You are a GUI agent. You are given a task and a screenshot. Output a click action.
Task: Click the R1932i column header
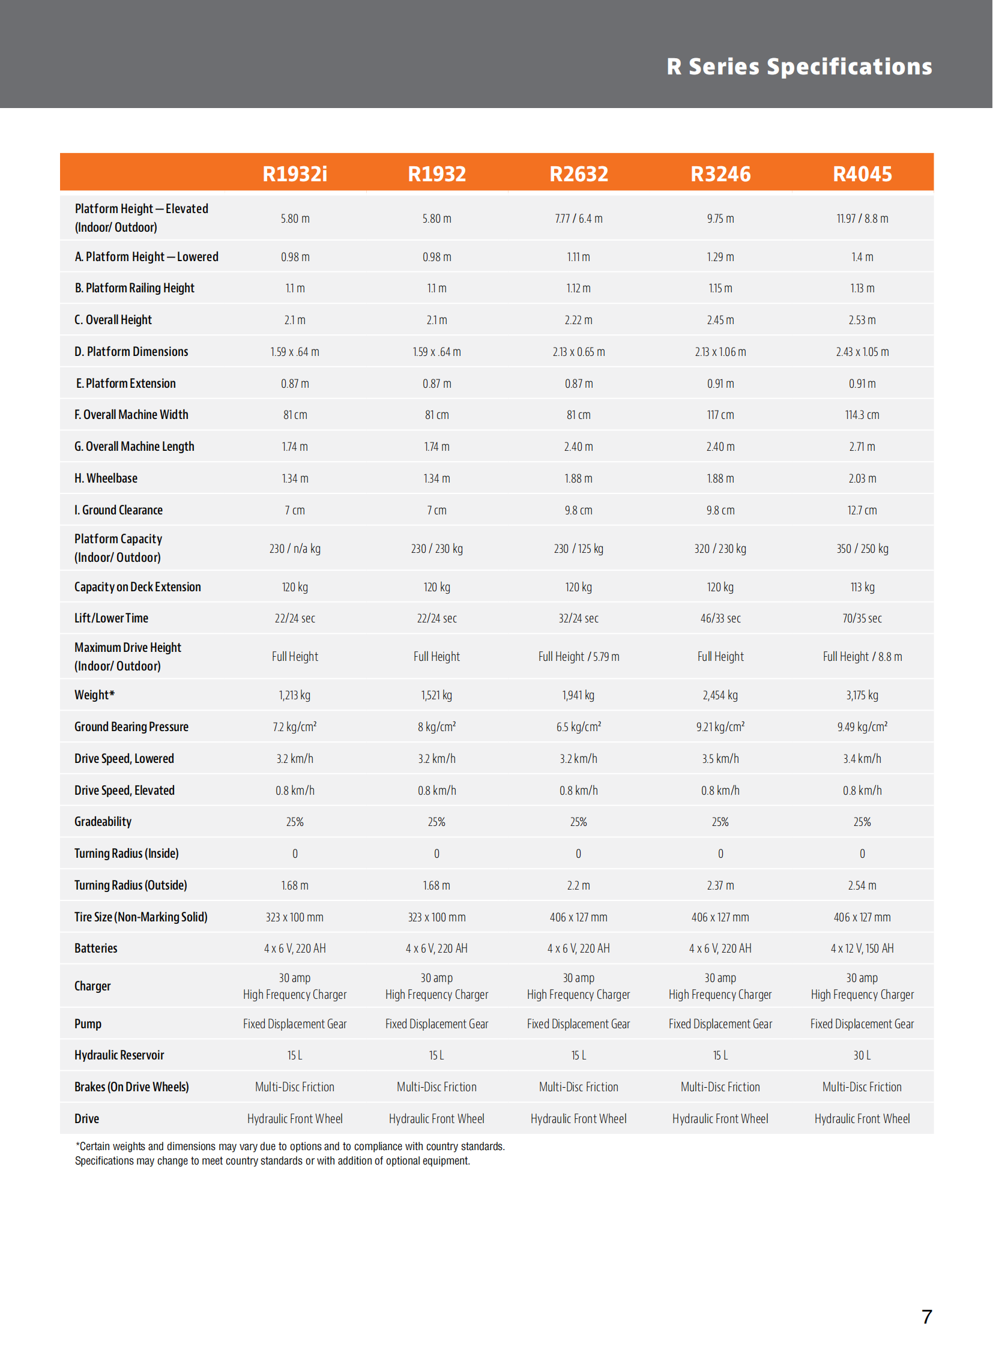tap(295, 173)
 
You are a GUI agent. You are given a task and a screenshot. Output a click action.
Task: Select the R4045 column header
tap(862, 173)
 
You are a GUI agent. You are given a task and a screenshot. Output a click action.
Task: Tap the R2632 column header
tap(578, 173)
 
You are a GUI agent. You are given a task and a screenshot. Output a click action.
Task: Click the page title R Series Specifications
tap(799, 67)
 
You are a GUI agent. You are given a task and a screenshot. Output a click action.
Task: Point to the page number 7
tap(926, 1317)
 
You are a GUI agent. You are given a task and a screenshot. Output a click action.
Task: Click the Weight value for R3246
tap(720, 696)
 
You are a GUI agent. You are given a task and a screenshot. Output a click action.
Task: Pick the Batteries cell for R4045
tap(862, 948)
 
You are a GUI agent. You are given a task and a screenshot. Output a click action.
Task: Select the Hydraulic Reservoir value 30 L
tap(862, 1055)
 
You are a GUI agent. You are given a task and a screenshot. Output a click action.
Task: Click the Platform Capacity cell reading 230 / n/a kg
tap(295, 549)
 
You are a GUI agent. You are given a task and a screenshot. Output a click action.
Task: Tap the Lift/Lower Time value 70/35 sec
tap(862, 618)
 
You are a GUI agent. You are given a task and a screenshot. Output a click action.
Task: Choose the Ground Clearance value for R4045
tap(862, 510)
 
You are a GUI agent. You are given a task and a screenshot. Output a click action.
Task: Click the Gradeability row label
tap(103, 822)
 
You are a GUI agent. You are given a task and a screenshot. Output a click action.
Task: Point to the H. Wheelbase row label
tap(106, 478)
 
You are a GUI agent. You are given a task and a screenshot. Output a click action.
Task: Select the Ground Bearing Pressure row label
tap(131, 728)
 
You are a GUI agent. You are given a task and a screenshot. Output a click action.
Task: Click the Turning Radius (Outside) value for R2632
tap(578, 885)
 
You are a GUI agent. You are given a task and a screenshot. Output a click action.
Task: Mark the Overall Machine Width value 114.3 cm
tap(862, 415)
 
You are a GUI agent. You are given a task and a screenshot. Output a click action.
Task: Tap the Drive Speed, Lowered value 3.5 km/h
tap(720, 759)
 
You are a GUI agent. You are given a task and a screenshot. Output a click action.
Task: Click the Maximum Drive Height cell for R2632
tap(578, 657)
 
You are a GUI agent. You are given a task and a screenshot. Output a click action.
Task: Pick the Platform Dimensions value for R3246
tap(720, 352)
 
